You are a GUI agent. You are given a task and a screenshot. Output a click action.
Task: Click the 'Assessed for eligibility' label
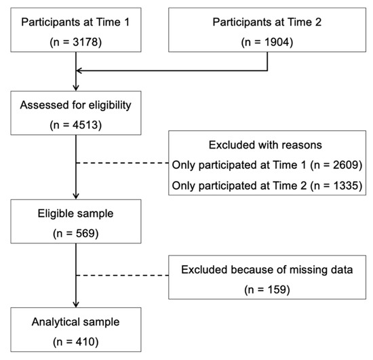coord(76,104)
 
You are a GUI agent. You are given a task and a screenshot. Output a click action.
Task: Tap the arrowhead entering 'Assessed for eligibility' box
coord(77,86)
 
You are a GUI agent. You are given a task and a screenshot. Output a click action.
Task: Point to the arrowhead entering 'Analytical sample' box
coord(77,305)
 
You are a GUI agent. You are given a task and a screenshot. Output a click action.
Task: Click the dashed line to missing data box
coord(122,276)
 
